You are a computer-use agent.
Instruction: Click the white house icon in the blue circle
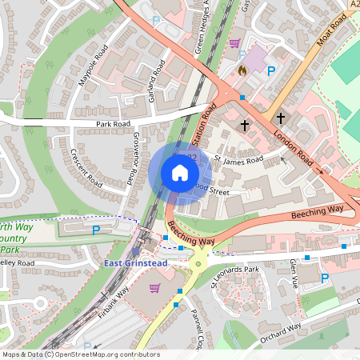(179, 173)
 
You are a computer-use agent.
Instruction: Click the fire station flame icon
(242, 70)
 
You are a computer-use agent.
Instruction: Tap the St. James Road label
(239, 160)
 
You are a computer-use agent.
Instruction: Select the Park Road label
(113, 125)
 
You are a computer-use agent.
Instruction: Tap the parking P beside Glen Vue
(324, 278)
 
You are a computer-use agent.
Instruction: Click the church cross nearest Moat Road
(281, 118)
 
